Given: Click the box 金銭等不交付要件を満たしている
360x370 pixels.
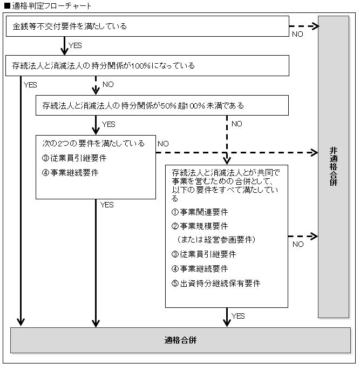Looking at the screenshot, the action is point(147,26).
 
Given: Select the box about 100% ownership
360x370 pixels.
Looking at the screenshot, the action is point(147,65).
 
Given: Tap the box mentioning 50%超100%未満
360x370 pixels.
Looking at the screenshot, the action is point(162,105).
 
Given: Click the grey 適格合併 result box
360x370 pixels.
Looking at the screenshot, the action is point(181,340).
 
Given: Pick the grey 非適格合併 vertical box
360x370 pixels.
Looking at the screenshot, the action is point(334,167).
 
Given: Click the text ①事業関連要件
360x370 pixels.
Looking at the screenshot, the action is point(200,212).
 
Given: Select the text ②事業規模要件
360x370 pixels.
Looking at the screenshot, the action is point(200,226).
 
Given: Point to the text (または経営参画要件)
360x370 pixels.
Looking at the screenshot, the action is point(216,239).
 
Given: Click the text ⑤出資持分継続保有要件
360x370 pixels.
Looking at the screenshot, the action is point(216,283).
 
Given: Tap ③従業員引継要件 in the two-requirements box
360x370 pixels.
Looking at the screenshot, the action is point(74,158).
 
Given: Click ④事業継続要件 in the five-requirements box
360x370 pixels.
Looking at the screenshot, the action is point(200,268).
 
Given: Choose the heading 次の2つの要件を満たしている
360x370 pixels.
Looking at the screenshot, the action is point(93,143).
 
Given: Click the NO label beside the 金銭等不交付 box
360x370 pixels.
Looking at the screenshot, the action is point(297,34).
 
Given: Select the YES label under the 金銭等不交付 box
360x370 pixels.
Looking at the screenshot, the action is point(75,45).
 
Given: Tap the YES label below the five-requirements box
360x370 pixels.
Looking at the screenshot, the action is point(238,316).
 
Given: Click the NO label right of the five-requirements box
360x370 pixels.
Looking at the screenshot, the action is point(298,244).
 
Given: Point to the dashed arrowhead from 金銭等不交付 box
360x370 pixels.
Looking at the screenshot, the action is point(315,26).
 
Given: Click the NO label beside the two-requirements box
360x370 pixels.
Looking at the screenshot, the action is point(163,144).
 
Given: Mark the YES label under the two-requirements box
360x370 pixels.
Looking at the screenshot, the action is point(107,205).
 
